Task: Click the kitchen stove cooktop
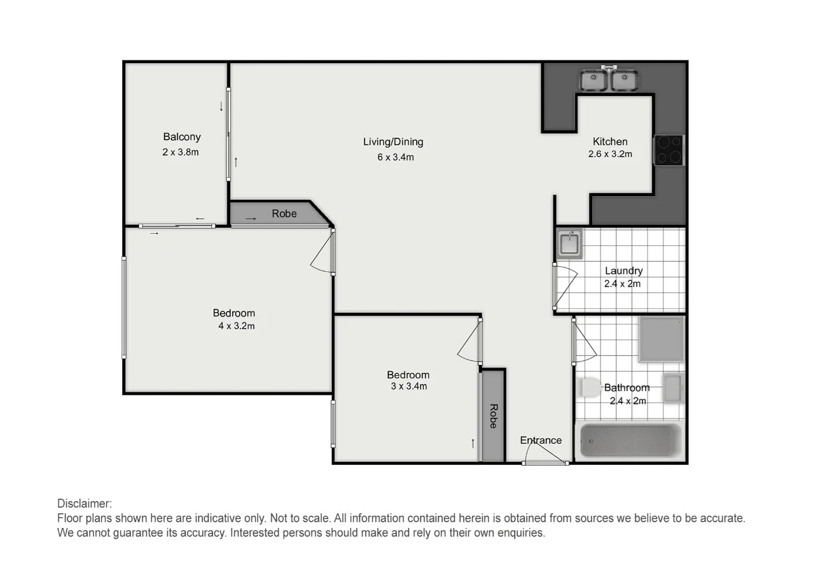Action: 669,150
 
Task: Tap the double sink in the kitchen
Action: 609,80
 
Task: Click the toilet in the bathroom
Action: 589,387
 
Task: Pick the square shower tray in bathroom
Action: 662,339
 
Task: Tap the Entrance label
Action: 541,440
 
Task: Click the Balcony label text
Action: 181,136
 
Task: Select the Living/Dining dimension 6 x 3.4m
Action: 395,157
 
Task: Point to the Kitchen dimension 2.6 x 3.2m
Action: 610,153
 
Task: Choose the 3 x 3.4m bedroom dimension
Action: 408,386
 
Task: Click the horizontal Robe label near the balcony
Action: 284,213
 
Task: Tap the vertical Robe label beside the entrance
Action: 493,416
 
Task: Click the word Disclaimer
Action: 85,503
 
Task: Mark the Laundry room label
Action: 623,271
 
